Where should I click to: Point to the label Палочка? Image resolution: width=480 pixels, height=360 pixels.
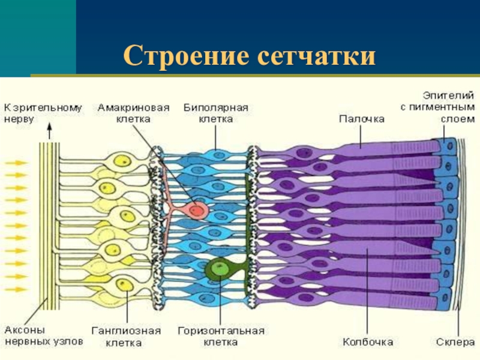(x=361, y=119)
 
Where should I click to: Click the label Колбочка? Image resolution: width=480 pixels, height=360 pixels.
(x=368, y=342)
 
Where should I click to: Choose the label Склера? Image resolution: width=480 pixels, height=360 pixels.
(x=454, y=342)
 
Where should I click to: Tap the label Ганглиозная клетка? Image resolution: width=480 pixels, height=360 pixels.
(x=127, y=337)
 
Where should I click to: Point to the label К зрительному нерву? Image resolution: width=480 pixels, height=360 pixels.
(x=42, y=113)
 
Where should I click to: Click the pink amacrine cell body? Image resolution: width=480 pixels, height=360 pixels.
(x=196, y=210)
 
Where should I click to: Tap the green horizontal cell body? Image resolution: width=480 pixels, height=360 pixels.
(x=218, y=269)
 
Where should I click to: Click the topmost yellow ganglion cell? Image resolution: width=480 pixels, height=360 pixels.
(x=124, y=161)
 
